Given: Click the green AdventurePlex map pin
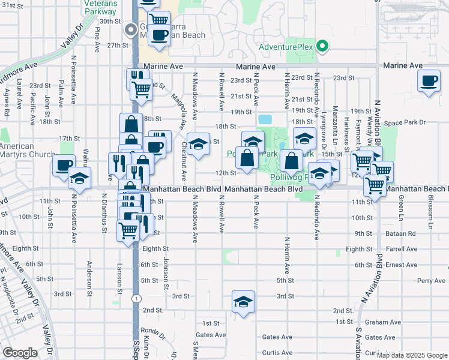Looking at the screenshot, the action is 322,46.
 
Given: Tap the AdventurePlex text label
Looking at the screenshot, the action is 287,47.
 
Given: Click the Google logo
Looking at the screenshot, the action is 20,353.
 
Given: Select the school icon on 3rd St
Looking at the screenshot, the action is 244,301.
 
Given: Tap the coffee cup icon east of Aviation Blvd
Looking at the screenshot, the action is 429,81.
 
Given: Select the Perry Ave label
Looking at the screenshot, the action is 432,280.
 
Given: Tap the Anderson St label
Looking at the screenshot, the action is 89,274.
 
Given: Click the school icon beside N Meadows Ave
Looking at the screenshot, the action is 198,144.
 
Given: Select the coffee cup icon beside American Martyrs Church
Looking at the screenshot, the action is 63,166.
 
